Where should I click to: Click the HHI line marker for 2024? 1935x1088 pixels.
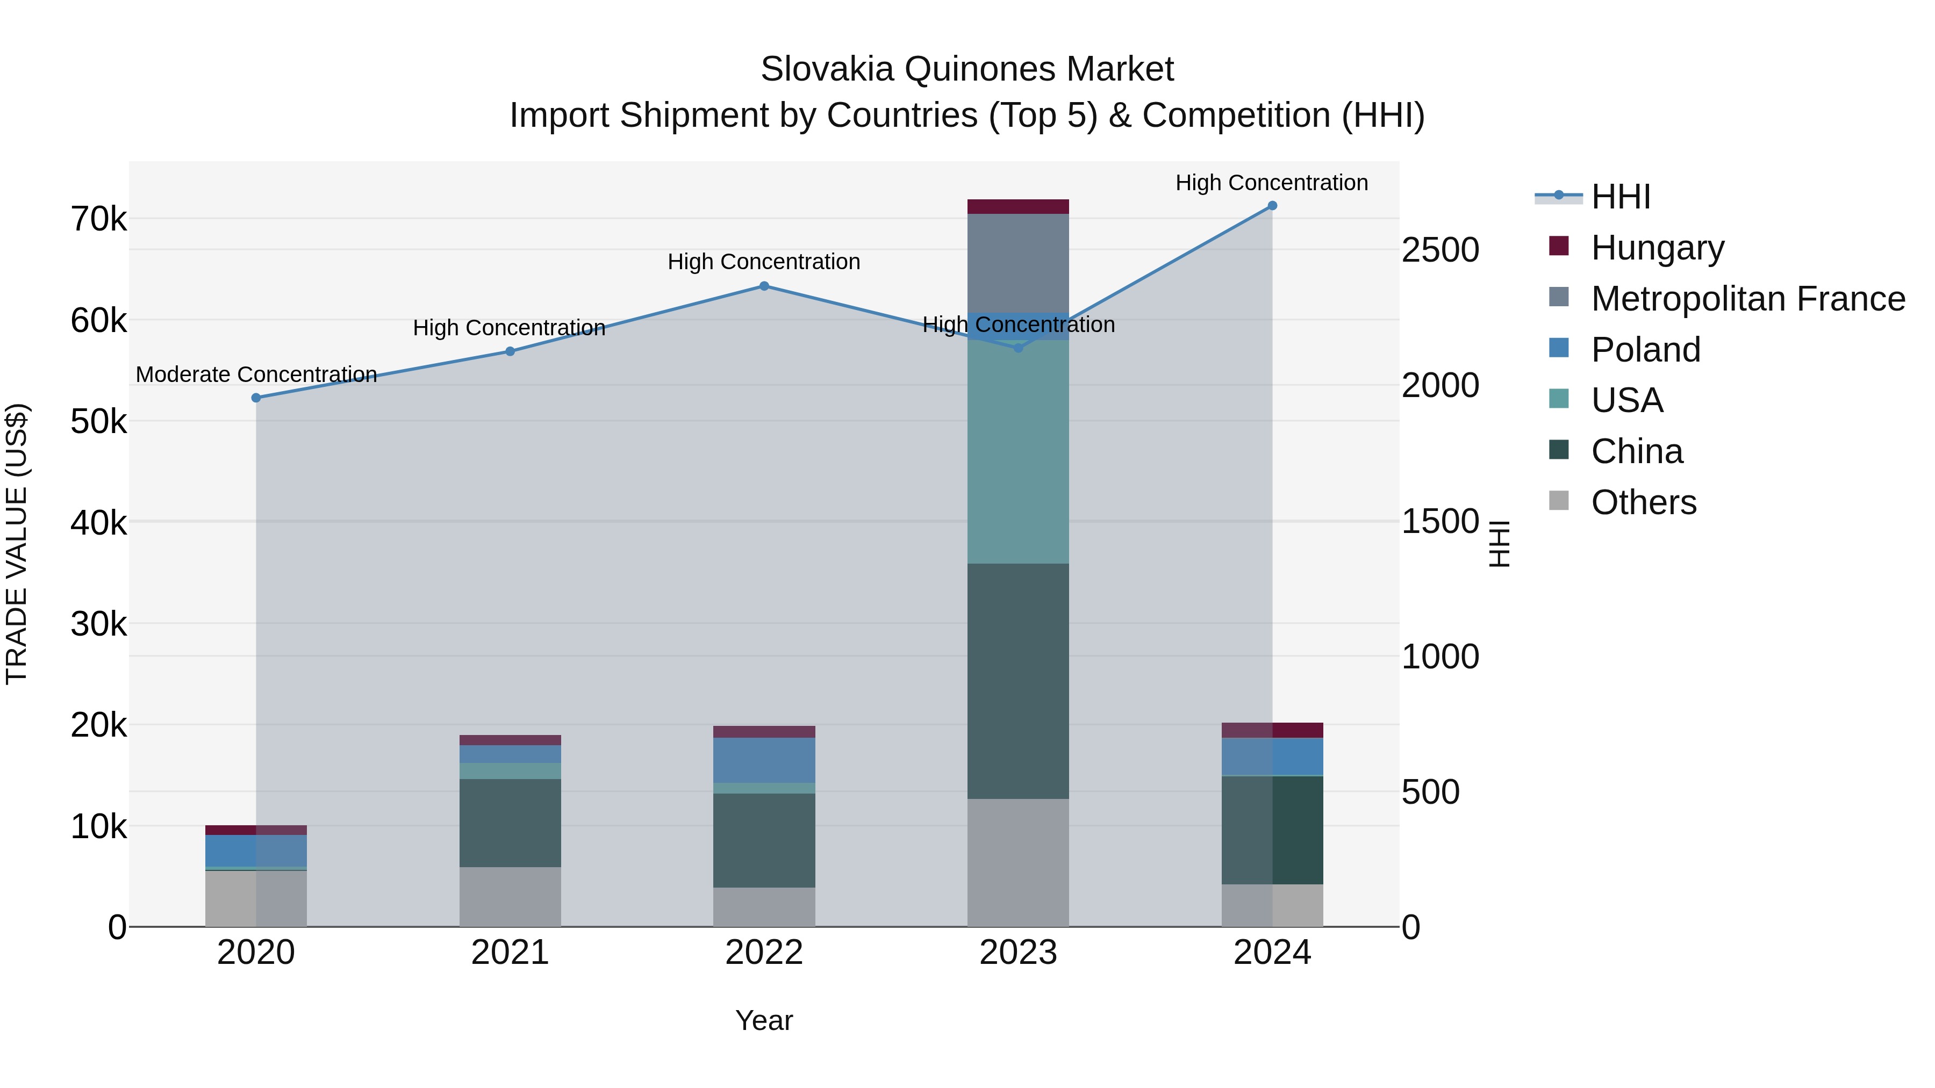click(x=1272, y=206)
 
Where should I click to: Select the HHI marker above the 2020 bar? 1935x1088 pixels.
click(x=256, y=398)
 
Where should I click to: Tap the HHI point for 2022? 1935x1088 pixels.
click(x=764, y=286)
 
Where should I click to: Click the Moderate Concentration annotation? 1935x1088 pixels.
click(x=256, y=374)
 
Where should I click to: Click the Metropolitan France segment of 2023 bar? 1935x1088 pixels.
click(x=1018, y=263)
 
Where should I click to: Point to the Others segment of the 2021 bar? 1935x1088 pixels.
click(x=510, y=897)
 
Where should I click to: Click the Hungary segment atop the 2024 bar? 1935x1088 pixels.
click(x=1272, y=730)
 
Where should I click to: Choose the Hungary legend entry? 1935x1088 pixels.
click(x=1657, y=248)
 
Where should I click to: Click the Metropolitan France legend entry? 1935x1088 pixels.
click(x=1747, y=299)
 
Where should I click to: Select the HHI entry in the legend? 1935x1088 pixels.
click(x=1620, y=197)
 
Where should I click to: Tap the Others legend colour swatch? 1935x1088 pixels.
click(x=1559, y=501)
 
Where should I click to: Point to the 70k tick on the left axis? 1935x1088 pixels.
click(x=98, y=219)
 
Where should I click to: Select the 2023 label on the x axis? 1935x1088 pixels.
click(x=1018, y=953)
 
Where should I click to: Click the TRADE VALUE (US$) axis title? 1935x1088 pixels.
click(x=17, y=544)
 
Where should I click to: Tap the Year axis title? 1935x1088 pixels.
click(x=764, y=1020)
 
